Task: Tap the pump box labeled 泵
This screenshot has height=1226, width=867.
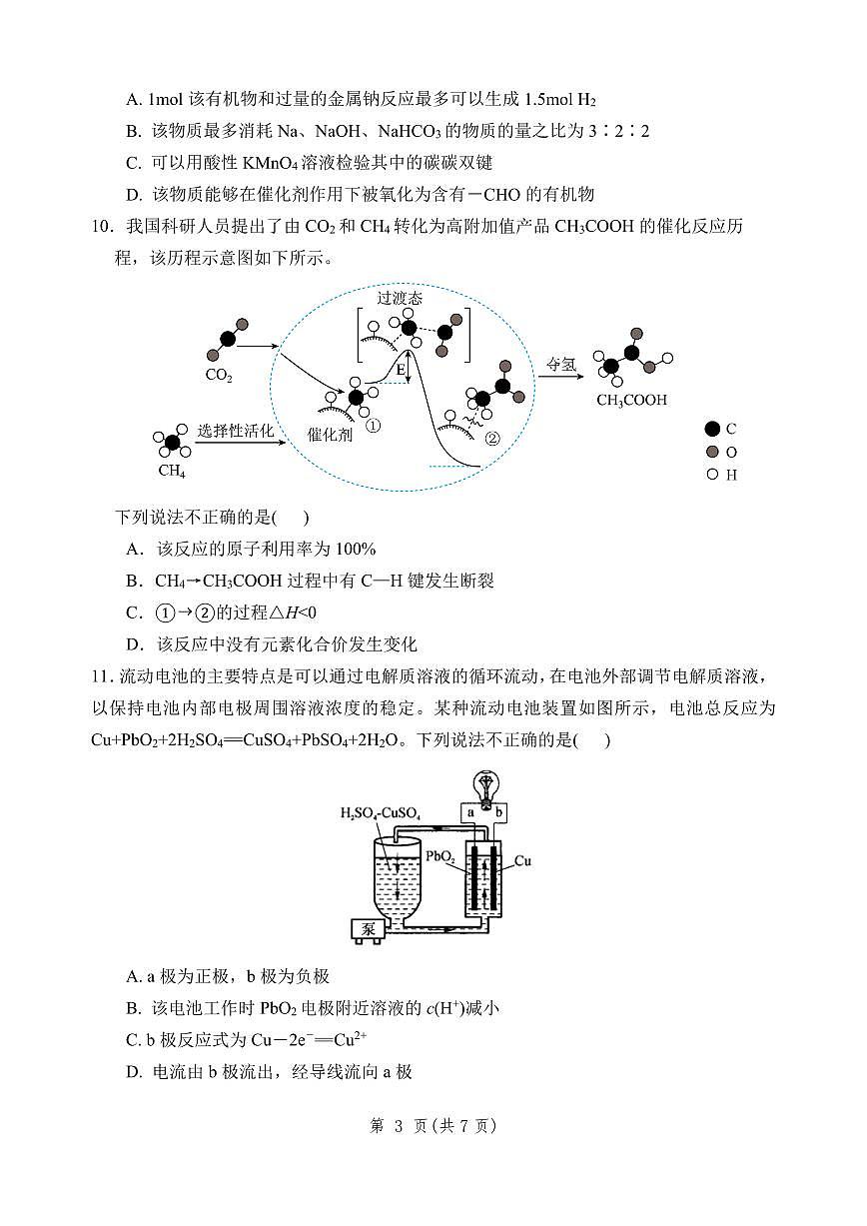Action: tap(368, 928)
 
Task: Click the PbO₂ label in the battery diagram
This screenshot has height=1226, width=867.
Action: tap(439, 857)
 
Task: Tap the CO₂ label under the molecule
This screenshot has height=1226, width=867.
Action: tap(219, 377)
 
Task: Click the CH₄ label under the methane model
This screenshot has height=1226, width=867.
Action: tap(172, 470)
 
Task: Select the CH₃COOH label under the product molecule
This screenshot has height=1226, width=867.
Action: tap(631, 401)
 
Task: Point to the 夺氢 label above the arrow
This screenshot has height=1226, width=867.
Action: tap(561, 365)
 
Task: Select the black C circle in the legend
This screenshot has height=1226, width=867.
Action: tap(712, 429)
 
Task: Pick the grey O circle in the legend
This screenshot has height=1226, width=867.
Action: tap(712, 452)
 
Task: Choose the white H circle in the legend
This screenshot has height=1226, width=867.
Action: tap(712, 475)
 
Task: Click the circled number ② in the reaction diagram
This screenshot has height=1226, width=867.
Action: tap(491, 438)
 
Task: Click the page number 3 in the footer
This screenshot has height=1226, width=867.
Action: tap(398, 1125)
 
